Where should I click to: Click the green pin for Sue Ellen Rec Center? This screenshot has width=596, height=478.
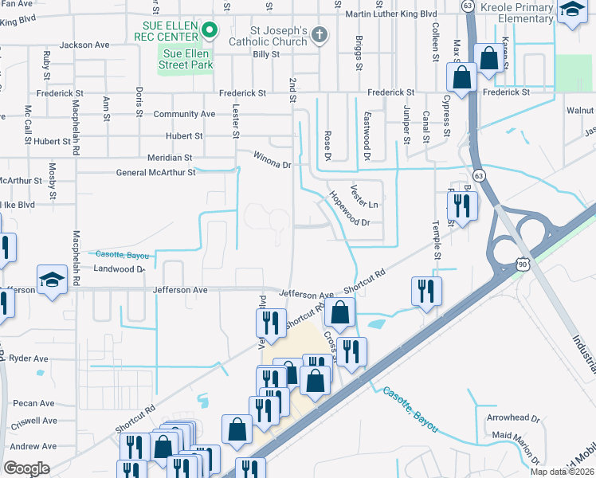(x=210, y=31)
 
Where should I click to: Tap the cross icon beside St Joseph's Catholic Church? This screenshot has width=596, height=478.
(x=319, y=34)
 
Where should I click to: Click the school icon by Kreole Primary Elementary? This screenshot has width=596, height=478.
(x=571, y=11)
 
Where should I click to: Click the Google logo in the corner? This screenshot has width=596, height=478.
(x=26, y=468)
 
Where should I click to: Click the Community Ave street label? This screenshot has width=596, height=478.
(x=184, y=114)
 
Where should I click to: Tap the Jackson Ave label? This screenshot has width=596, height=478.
(x=84, y=45)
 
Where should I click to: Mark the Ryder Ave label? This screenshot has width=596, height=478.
(x=29, y=358)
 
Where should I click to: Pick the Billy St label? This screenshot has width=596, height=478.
(x=266, y=55)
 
